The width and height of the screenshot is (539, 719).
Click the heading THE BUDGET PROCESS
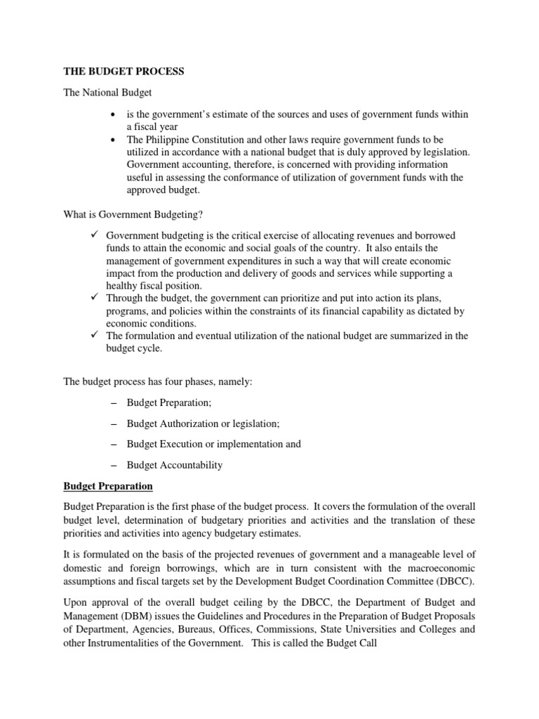[x=124, y=72]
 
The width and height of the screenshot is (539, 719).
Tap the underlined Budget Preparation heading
[x=108, y=485]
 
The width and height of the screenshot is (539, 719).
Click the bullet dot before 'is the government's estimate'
[x=113, y=114]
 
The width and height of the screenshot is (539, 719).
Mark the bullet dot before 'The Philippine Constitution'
[x=113, y=140]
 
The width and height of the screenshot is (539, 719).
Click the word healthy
[x=145, y=286]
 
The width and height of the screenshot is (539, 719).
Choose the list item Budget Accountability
[x=174, y=464]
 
